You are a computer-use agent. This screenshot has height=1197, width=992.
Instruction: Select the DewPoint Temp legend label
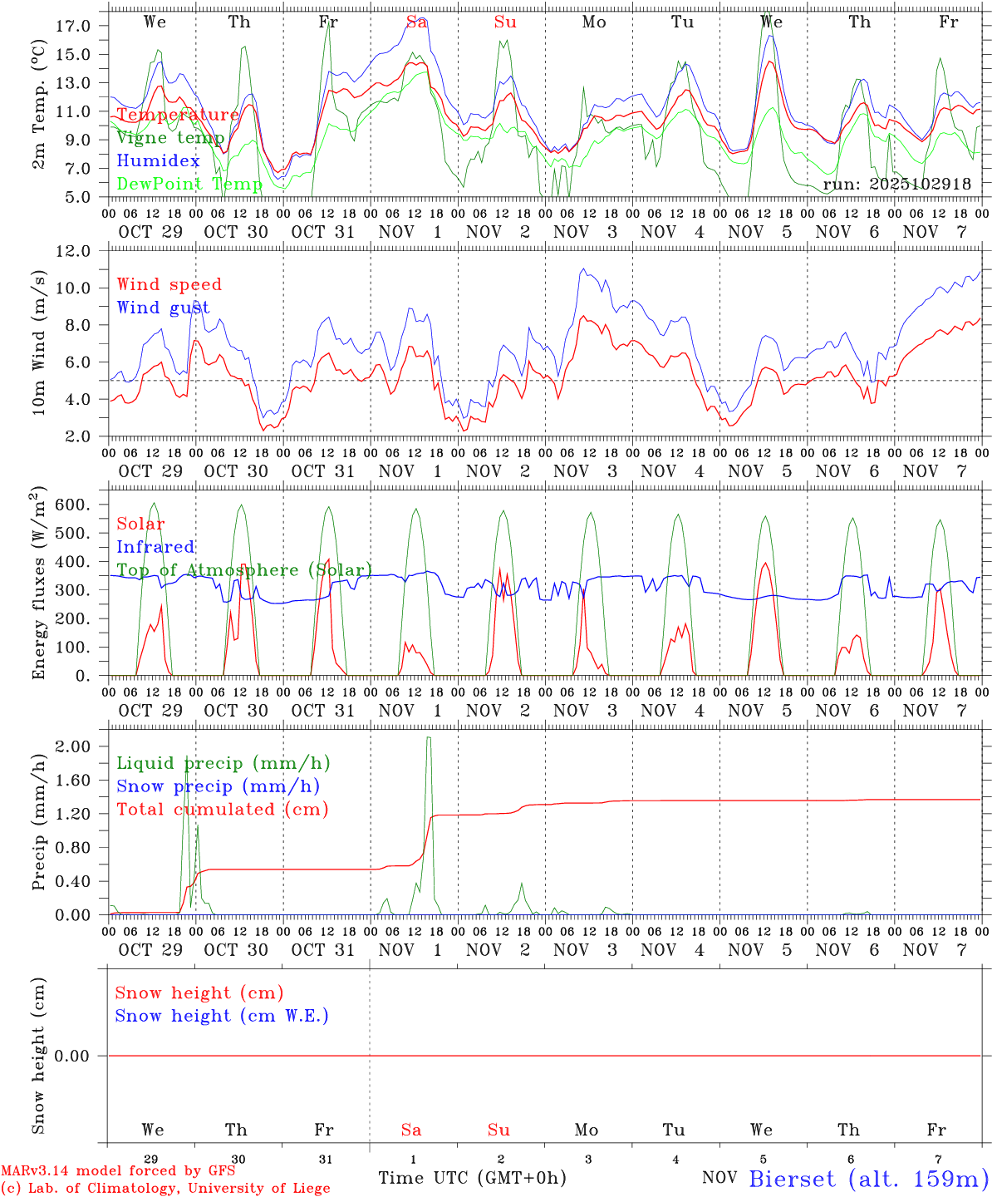tap(189, 184)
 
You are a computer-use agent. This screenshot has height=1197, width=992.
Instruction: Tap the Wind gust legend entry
tap(163, 308)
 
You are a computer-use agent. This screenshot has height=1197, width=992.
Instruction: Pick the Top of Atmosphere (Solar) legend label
tap(243, 570)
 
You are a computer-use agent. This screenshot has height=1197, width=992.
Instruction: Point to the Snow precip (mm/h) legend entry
tap(218, 786)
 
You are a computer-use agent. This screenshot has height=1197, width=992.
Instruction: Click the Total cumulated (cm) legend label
tap(222, 810)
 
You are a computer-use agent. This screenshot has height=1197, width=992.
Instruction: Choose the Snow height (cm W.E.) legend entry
tap(221, 1016)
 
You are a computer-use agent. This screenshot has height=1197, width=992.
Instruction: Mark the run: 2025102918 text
tap(896, 185)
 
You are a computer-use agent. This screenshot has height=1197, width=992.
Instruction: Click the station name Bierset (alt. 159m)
tap(867, 1179)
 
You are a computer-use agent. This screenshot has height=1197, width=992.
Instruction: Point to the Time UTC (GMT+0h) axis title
tap(472, 1178)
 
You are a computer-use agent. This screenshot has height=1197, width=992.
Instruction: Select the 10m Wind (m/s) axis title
tap(38, 342)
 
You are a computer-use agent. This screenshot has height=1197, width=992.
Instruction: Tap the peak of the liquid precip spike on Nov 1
tap(429, 737)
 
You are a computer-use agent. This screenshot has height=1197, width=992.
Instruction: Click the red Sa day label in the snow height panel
tap(411, 1130)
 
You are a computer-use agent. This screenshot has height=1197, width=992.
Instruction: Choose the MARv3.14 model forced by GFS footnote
tap(117, 1170)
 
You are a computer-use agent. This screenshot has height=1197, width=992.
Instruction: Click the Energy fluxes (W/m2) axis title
tap(38, 584)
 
